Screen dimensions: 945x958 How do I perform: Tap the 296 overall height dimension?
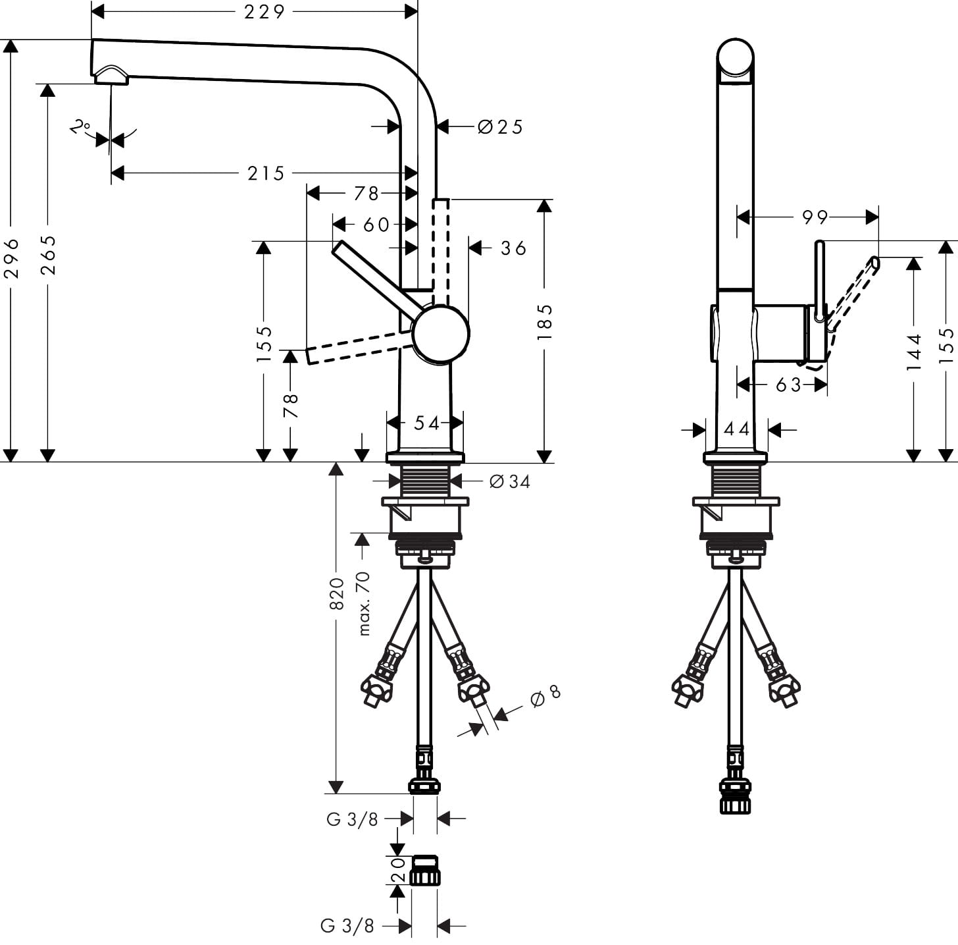point(11,257)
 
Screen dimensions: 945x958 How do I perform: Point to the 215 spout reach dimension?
point(266,173)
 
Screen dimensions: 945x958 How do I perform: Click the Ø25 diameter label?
point(500,126)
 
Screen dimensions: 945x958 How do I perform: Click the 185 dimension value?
point(545,322)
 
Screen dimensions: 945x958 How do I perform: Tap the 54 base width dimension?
point(426,423)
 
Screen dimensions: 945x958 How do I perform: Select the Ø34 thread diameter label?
point(509,482)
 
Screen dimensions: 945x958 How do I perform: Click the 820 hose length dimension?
point(336,593)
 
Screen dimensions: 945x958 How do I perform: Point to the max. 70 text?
point(363,603)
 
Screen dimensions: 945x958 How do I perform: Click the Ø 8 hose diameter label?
point(545,696)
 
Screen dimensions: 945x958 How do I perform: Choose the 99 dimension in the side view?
point(815,217)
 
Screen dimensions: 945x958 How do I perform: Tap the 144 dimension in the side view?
point(914,352)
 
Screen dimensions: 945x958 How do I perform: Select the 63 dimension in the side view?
point(788,385)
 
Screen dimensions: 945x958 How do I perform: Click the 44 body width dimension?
point(736,430)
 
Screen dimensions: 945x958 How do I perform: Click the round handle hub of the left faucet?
point(440,333)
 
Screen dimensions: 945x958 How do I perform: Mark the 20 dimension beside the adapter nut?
point(397,870)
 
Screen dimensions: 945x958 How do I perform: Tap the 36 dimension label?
point(513,248)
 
